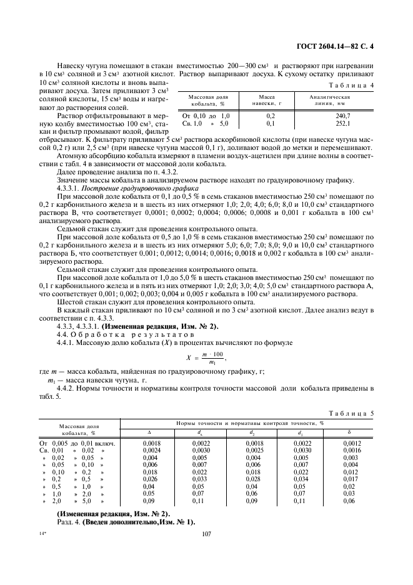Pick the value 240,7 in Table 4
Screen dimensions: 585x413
point(343,116)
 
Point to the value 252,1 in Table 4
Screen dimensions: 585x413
point(343,124)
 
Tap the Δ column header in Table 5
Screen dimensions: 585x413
point(149,432)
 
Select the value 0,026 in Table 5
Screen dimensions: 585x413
point(150,479)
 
